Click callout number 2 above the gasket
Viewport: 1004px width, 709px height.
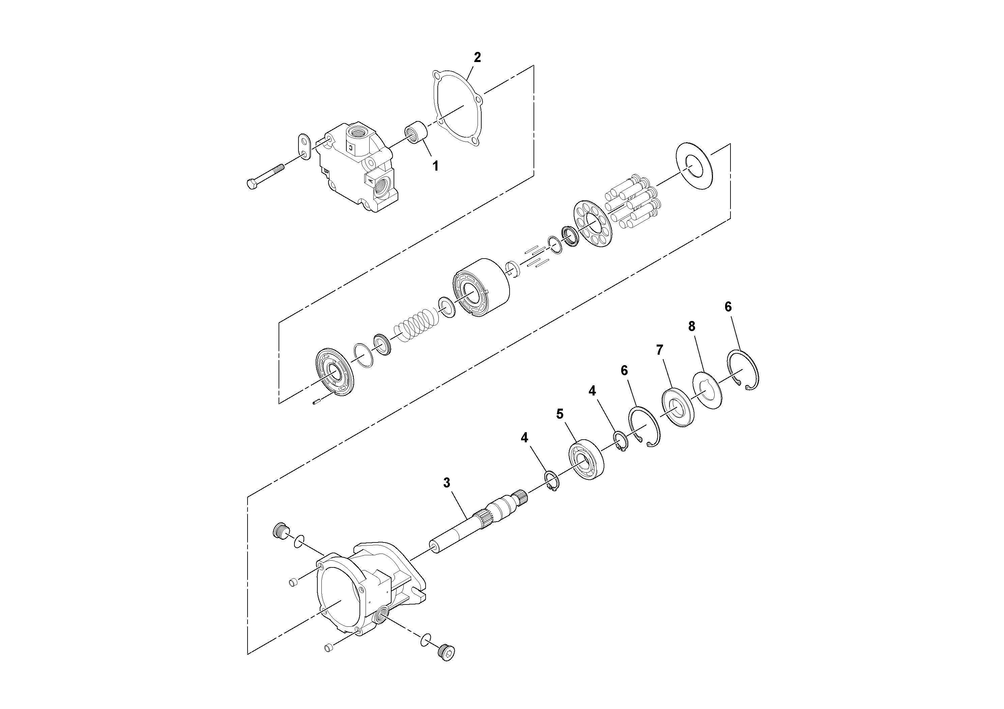click(x=477, y=57)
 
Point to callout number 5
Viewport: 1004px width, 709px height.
click(x=560, y=414)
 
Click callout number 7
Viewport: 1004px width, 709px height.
click(x=659, y=350)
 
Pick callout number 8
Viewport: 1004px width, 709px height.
click(x=692, y=326)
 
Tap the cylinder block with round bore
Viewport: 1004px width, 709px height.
click(x=481, y=291)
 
